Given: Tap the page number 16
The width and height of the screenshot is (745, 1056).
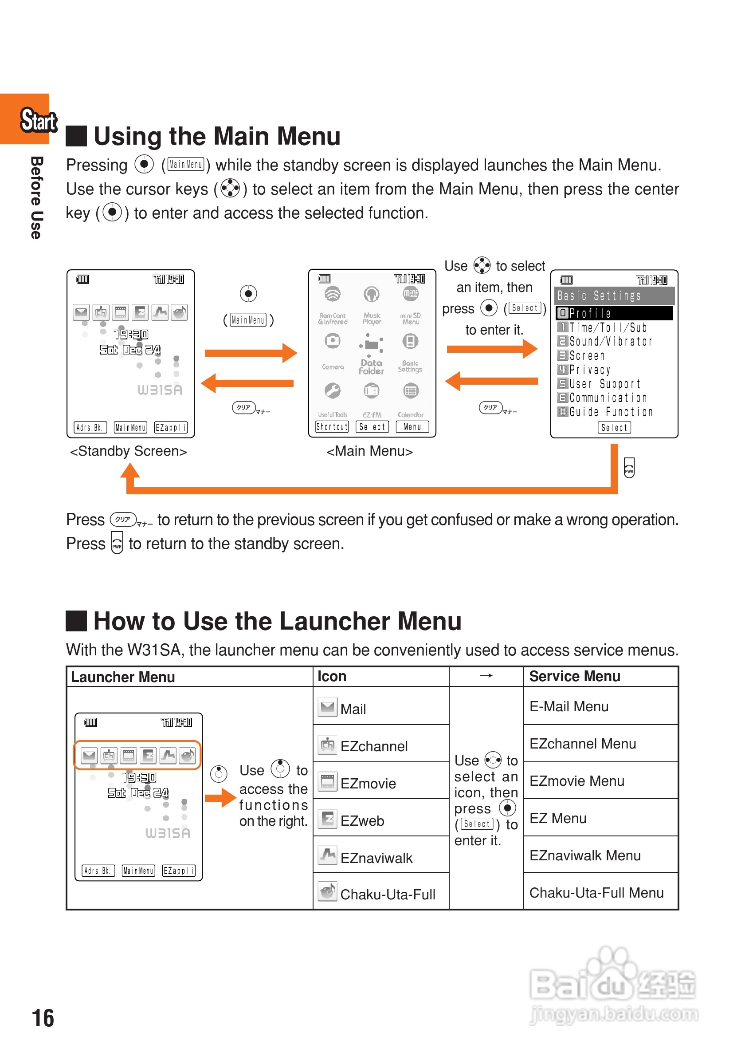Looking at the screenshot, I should click(x=43, y=1017).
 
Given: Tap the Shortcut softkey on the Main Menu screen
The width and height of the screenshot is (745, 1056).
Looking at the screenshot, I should click(x=332, y=427).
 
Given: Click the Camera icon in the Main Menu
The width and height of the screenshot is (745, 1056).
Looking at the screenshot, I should click(x=332, y=341).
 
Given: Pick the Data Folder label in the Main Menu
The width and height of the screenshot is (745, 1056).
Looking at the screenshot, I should click(x=371, y=367).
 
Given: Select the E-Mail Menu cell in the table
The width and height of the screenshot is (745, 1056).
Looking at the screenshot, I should click(x=569, y=706).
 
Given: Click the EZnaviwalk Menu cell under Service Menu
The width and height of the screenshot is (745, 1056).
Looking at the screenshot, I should click(x=584, y=855).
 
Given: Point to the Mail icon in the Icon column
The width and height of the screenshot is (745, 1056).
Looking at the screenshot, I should click(x=327, y=707).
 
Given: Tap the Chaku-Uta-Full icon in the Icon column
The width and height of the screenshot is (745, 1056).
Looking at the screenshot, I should click(x=327, y=892).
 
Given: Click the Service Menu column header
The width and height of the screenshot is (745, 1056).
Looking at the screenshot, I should click(x=574, y=676).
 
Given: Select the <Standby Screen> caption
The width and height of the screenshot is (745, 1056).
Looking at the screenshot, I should click(x=128, y=451).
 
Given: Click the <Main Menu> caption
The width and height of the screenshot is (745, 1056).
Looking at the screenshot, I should click(x=369, y=451).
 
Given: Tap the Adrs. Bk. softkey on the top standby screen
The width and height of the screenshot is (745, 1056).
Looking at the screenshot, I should click(x=90, y=427).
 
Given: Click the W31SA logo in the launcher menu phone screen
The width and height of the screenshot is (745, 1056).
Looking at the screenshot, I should click(x=168, y=833).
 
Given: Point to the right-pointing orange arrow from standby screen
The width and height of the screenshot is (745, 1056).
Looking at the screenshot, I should click(x=251, y=353).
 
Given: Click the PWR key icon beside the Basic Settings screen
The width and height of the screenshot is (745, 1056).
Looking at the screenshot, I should click(x=629, y=467).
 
